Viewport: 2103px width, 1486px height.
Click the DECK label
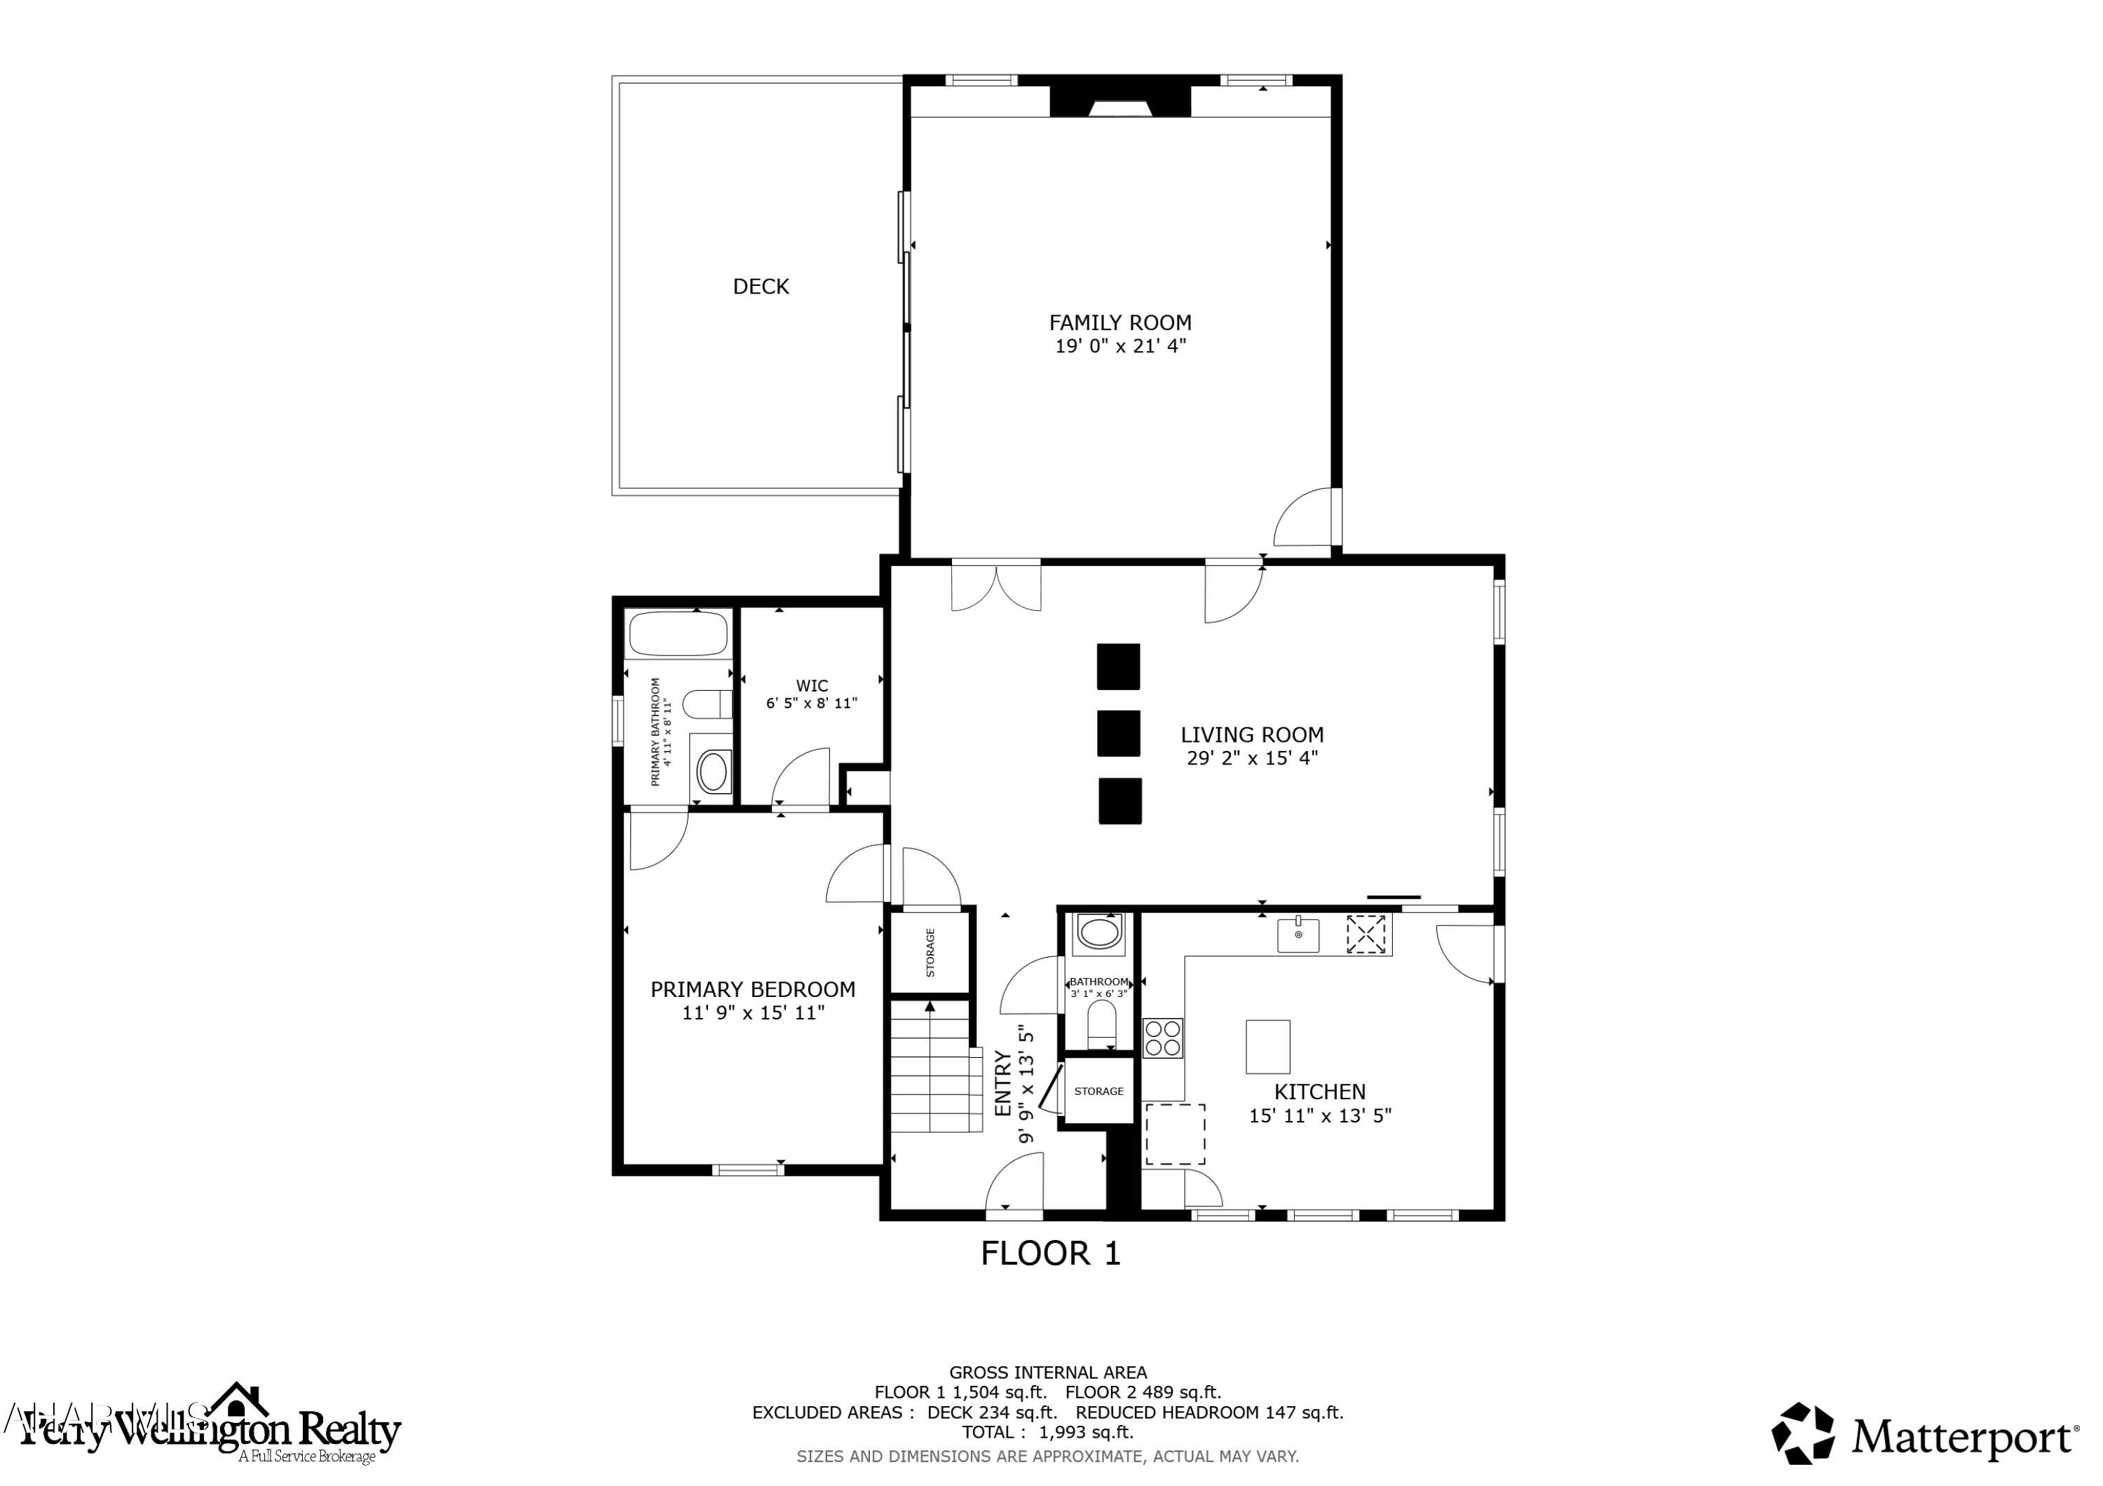tap(760, 287)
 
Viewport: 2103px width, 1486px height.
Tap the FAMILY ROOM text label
tap(1119, 322)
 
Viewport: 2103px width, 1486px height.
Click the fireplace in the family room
tap(1119, 102)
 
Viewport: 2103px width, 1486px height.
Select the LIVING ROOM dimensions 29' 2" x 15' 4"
tap(1251, 758)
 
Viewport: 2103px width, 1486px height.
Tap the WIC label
tap(812, 686)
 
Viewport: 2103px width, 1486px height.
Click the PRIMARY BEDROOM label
tap(752, 989)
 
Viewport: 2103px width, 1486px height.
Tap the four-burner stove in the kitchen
tap(1162, 1038)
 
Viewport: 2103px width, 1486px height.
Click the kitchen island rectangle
tap(1267, 1047)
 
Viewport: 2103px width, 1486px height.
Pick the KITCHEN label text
tap(1319, 1092)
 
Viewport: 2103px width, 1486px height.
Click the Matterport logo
tap(1924, 1438)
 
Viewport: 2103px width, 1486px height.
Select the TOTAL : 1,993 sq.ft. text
tap(1047, 1432)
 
